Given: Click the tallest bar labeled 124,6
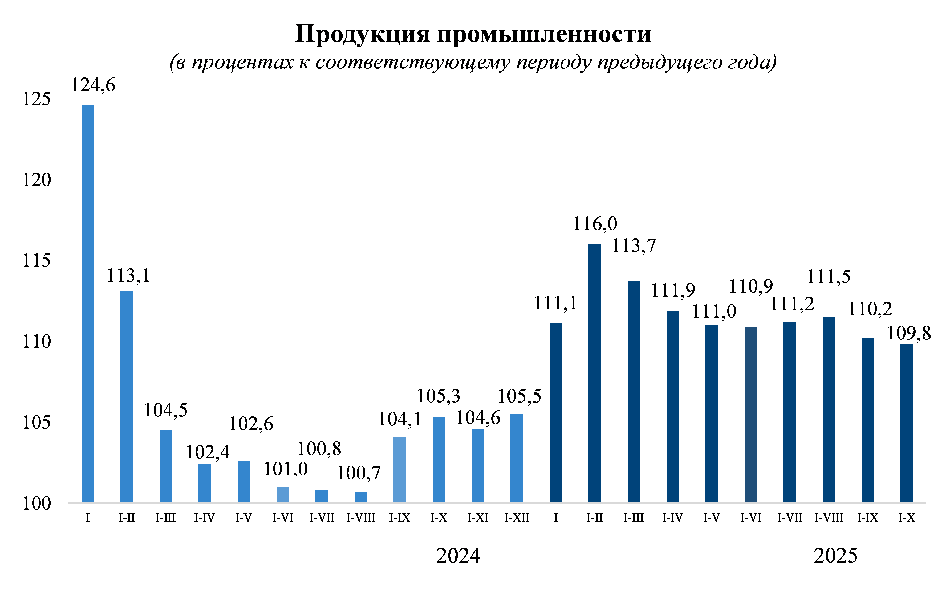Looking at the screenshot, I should point(88,303).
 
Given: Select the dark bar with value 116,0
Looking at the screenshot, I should point(594,373).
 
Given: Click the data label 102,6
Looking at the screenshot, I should point(251,424).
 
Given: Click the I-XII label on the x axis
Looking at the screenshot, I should point(517,518).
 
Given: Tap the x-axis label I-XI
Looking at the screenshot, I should point(478,518).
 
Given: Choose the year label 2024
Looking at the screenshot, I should point(458,556).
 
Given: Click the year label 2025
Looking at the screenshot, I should point(835,556).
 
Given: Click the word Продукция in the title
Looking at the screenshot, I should point(362,34).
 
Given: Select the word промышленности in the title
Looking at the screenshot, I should point(544,34).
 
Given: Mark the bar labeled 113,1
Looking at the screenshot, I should point(127,396).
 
